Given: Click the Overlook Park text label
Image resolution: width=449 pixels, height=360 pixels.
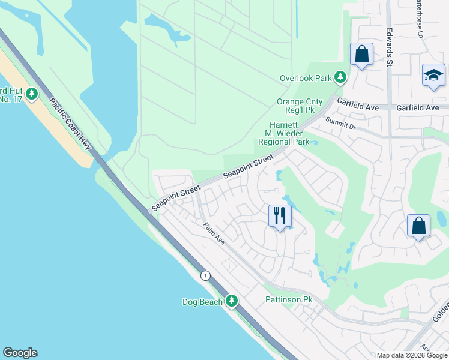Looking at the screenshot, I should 306,78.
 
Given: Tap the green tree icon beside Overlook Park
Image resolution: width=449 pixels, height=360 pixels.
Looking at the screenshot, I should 340,77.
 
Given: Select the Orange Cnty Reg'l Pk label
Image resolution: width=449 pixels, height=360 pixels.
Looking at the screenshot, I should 300,107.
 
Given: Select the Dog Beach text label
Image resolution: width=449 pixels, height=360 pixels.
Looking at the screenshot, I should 202,302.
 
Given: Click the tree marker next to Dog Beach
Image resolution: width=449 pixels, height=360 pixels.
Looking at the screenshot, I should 232,301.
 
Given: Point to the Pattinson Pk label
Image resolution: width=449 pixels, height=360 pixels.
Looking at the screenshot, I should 289,299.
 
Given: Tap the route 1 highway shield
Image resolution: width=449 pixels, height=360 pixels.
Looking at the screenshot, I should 206,275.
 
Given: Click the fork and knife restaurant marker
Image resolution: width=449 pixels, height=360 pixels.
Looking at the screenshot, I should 280,215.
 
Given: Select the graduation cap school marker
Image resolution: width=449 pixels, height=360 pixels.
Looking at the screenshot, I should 433,75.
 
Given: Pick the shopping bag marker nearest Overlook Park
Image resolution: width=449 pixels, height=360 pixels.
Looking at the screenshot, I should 361,55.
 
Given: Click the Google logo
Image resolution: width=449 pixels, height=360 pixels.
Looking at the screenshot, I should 20,353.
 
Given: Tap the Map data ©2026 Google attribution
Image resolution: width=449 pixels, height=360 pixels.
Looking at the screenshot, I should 411,355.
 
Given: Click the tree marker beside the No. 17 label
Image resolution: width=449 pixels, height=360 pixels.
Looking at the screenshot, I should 32,94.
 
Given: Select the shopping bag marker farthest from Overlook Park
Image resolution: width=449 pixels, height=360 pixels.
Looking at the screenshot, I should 418,226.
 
